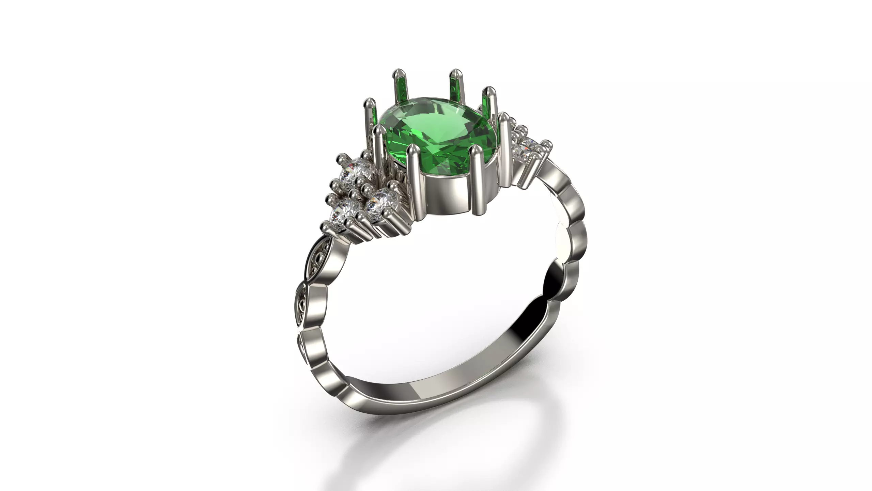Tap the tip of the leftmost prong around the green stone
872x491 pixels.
(x=369, y=101)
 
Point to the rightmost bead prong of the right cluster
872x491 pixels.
(x=546, y=143)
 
